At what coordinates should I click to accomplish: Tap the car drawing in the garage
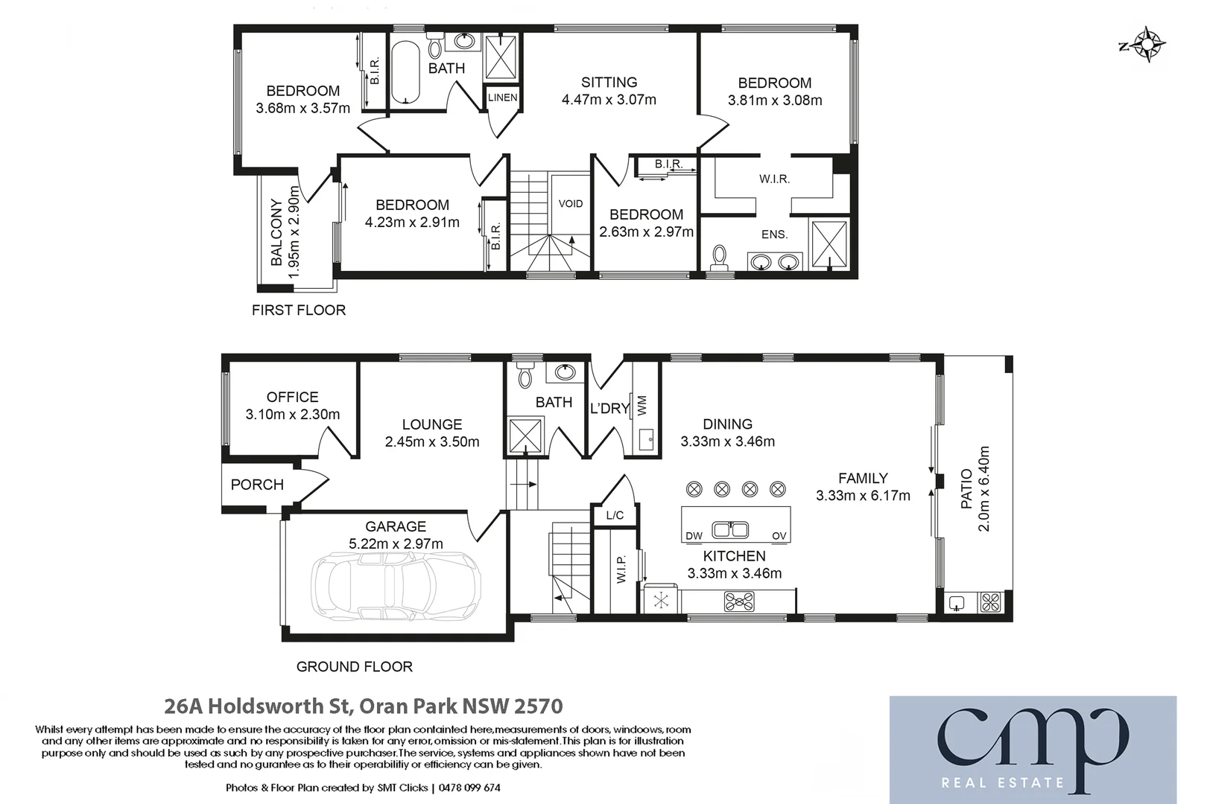click(x=396, y=587)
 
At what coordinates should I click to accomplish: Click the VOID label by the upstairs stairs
click(x=571, y=203)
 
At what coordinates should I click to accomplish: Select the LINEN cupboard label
click(x=502, y=98)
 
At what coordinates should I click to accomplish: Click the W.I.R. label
click(x=774, y=179)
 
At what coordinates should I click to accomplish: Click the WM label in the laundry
click(x=642, y=405)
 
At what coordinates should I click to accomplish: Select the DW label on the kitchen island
click(x=693, y=535)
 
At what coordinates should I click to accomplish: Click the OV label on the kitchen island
click(x=779, y=535)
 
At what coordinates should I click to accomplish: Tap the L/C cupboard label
click(x=615, y=515)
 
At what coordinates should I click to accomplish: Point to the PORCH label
click(x=257, y=485)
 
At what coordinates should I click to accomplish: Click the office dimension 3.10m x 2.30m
click(x=292, y=415)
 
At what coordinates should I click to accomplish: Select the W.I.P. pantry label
click(x=622, y=569)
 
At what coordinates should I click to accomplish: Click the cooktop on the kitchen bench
click(x=739, y=601)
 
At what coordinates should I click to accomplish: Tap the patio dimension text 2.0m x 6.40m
click(x=983, y=488)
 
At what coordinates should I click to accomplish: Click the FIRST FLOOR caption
click(x=299, y=310)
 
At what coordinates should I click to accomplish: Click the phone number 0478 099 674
click(x=469, y=788)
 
